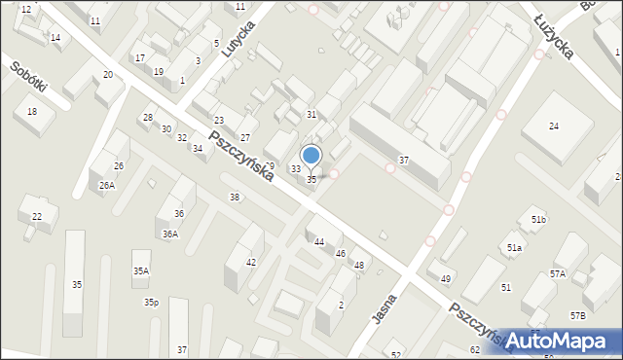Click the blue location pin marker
click(x=311, y=156)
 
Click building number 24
click(x=554, y=126)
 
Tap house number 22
click(x=37, y=216)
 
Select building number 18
click(x=32, y=112)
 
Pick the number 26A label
click(x=106, y=185)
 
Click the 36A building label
click(x=169, y=234)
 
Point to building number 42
click(x=251, y=263)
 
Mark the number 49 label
click(x=446, y=279)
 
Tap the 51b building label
click(x=538, y=221)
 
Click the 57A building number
click(x=557, y=274)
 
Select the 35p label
click(x=151, y=303)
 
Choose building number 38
click(x=235, y=198)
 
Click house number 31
click(x=311, y=115)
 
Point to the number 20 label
click(x=107, y=75)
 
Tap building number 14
click(x=55, y=38)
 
